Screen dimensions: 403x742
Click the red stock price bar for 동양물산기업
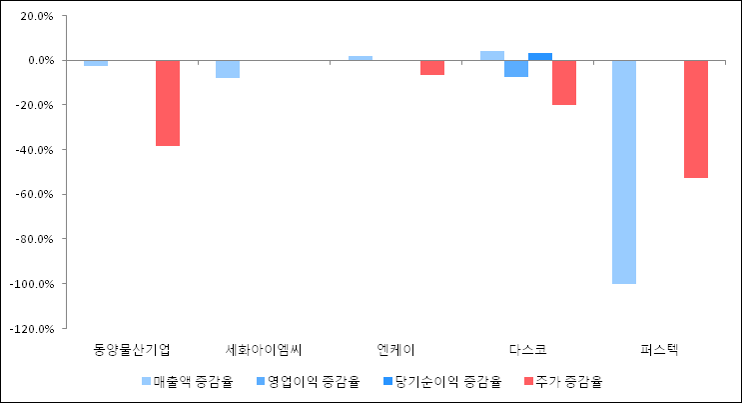(x=168, y=103)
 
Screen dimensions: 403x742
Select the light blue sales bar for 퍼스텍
(x=624, y=172)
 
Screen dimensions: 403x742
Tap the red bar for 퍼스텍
(x=696, y=119)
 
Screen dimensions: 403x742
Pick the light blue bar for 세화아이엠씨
(x=228, y=69)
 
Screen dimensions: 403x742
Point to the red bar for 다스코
(x=564, y=82)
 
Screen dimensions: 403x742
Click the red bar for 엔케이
(x=432, y=68)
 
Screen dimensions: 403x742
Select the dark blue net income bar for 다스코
(x=540, y=56)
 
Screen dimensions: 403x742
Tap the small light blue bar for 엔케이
(x=361, y=58)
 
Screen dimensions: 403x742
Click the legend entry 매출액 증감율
(x=187, y=381)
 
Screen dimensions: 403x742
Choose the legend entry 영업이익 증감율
(x=307, y=381)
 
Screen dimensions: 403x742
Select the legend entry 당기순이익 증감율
(x=438, y=381)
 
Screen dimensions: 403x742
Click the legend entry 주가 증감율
(x=564, y=381)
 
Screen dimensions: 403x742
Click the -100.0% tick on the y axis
(x=30, y=283)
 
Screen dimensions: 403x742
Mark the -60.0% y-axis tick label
(x=33, y=194)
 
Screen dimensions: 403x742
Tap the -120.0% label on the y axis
(x=30, y=328)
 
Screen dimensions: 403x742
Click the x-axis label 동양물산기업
(x=132, y=349)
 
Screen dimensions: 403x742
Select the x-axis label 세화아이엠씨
(x=264, y=349)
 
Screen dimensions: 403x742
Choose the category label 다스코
(x=528, y=349)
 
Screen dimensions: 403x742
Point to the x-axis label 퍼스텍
(x=660, y=349)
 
